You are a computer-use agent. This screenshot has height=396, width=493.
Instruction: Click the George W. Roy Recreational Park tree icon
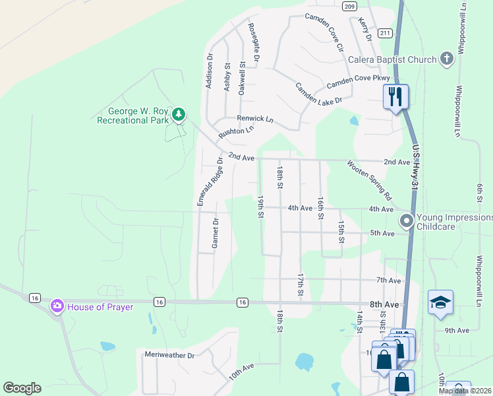point(178,115)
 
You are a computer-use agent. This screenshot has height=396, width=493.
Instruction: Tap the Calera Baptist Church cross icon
point(447,59)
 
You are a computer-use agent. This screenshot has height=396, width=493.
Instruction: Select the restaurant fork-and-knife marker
point(395,96)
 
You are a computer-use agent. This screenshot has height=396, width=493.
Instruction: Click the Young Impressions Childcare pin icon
point(407,220)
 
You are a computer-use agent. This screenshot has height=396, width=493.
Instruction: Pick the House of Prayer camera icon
point(57,306)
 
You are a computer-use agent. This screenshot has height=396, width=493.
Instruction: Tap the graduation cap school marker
point(440,302)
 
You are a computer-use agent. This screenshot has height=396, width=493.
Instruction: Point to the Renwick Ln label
point(255,119)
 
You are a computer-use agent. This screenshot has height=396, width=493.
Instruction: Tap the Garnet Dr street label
point(215,234)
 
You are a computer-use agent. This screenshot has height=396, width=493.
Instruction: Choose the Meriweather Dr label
point(170,355)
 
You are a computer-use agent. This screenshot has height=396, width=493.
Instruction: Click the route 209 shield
point(349,6)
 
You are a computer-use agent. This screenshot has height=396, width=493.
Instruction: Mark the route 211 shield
point(386,32)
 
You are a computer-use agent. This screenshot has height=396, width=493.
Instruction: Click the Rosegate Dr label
point(254,38)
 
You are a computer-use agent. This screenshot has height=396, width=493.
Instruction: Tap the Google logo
point(22,388)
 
